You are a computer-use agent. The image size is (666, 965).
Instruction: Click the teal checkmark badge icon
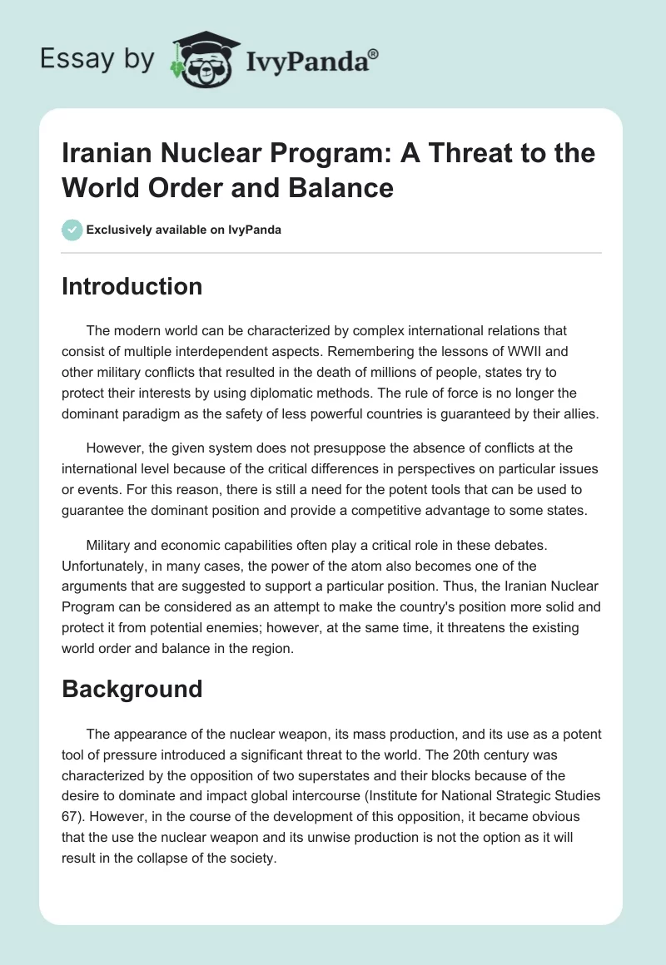coord(72,230)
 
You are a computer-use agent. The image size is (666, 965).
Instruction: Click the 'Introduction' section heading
coord(132,286)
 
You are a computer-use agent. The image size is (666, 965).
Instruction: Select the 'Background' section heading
coord(132,689)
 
